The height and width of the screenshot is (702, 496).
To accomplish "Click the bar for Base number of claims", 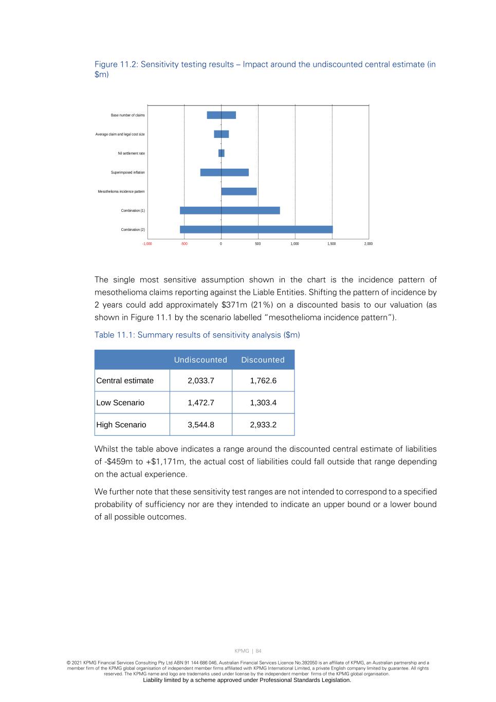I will tap(221, 115).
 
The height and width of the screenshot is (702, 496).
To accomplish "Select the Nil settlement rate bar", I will tap(221, 153).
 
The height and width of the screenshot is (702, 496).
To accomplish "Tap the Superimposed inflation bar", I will tap(224, 172).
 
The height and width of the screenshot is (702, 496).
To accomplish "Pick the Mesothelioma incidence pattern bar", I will tap(238, 191).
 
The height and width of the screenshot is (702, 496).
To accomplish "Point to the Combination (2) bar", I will tap(256, 229).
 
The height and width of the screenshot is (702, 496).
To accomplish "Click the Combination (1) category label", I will tap(133, 211).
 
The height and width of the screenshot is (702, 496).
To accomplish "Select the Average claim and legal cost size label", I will tap(120, 134).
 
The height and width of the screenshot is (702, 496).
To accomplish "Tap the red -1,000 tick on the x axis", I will tap(147, 244).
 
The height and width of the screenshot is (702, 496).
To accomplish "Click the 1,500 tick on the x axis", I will tap(332, 244).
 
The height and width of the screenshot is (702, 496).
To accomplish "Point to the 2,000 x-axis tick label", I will tap(369, 244).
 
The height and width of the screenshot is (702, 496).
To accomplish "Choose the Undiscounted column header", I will tap(200, 360).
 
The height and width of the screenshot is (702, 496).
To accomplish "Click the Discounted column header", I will tap(263, 360).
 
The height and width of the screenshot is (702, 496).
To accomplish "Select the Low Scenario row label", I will tap(120, 403).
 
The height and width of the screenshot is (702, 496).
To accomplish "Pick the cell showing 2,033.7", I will tap(200, 381).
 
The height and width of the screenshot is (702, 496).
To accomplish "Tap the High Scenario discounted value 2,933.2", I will tap(263, 425).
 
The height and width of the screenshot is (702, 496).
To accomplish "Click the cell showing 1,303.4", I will tap(263, 403).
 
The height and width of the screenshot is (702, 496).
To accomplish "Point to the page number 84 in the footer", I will tap(259, 651).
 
